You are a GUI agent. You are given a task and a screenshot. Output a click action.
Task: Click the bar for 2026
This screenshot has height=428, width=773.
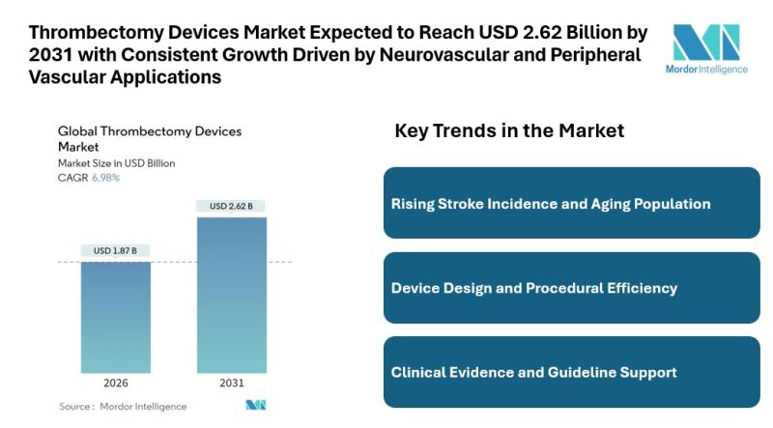point(115,317)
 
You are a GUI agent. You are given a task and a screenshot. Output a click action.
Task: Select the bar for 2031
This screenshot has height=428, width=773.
point(231,294)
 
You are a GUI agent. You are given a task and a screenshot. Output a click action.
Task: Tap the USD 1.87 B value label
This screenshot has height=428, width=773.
point(115,251)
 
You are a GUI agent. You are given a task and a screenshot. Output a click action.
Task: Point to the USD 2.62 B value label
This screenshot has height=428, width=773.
point(231,206)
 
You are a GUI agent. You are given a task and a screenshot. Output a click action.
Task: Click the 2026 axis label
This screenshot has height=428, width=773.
point(115,383)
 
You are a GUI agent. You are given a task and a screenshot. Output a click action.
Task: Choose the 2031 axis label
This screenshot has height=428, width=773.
point(231,383)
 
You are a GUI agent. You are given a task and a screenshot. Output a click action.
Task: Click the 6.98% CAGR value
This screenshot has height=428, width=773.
point(106,178)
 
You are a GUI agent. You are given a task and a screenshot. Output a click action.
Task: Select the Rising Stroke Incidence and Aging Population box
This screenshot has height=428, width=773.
point(558,203)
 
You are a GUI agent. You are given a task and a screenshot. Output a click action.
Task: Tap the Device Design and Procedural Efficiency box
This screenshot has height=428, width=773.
point(558,288)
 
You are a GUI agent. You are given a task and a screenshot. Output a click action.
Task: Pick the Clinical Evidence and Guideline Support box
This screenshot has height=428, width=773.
point(558,372)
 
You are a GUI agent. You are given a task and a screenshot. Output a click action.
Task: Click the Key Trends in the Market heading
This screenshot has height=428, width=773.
point(509,130)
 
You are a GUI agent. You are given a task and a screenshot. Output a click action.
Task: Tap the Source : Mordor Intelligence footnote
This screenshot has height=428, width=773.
point(123,407)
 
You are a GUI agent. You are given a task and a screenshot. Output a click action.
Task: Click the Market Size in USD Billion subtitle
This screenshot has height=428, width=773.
point(117,163)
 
